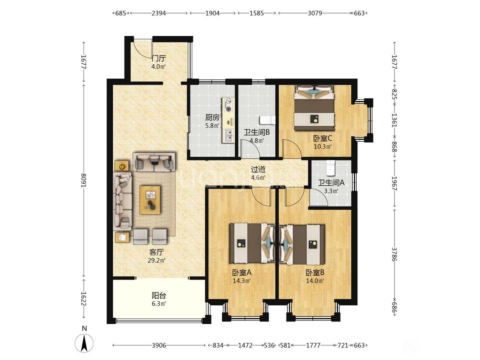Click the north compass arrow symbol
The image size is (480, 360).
pyautogui.click(x=84, y=346)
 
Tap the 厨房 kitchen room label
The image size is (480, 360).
pyautogui.click(x=212, y=118)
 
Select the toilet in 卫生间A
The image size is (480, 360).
pyautogui.click(x=330, y=168)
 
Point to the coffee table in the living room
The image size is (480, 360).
pyautogui.click(x=150, y=200)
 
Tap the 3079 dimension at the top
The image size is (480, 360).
pyautogui.click(x=315, y=13)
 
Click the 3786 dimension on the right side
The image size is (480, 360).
pyautogui.click(x=394, y=254)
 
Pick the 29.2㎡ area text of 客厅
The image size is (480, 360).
pyautogui.click(x=157, y=260)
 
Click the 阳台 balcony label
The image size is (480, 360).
pyautogui.click(x=159, y=295)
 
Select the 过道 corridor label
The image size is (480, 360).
pyautogui.click(x=258, y=169)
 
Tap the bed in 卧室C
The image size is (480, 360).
pyautogui.click(x=315, y=108)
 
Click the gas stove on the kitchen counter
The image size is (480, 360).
pyautogui.click(x=228, y=105)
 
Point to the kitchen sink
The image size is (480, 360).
pyautogui.click(x=228, y=135)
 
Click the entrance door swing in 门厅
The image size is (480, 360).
pyautogui.click(x=143, y=50)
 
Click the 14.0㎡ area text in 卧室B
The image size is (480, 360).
pyautogui.click(x=315, y=281)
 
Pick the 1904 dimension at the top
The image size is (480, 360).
pyautogui.click(x=212, y=13)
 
